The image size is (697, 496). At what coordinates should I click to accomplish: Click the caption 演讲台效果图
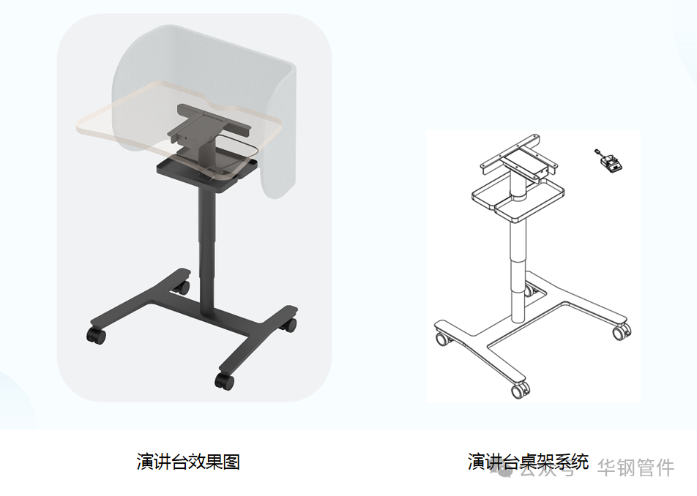(188, 462)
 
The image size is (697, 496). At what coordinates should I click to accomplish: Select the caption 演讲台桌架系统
(528, 462)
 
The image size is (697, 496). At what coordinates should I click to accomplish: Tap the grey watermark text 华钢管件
(635, 467)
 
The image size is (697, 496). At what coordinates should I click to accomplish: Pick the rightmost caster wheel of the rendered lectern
(291, 323)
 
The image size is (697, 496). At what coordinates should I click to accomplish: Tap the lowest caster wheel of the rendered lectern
(223, 380)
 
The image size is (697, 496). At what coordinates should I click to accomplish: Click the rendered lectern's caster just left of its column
(182, 287)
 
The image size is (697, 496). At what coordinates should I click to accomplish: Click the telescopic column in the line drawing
(518, 263)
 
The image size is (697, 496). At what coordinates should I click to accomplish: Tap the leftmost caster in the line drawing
(441, 339)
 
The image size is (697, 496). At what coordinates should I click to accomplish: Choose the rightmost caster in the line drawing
(621, 332)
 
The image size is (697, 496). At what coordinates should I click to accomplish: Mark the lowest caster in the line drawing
(518, 391)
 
